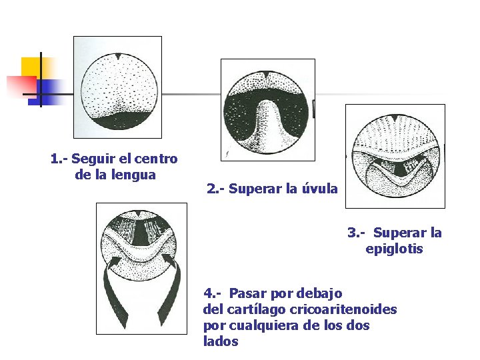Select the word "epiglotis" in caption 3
(394, 249)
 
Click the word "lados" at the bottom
(221, 341)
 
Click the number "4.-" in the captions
(213, 293)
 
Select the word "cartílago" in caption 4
(259, 309)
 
